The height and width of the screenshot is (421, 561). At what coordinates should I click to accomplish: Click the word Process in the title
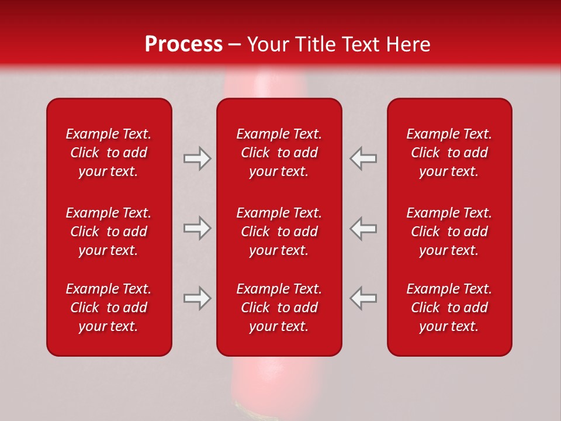point(183,44)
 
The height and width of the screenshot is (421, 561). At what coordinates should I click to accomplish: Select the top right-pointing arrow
point(198,158)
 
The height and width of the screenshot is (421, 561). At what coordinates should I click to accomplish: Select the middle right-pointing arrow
point(198,229)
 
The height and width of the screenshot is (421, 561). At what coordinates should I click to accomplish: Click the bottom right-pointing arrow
point(198,298)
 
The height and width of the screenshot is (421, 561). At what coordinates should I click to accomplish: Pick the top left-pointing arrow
point(363,158)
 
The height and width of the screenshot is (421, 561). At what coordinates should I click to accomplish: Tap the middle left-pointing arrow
point(363,229)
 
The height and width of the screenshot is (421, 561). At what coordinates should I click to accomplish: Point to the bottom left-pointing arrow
point(363,298)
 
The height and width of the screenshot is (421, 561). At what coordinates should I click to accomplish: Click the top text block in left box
point(109,153)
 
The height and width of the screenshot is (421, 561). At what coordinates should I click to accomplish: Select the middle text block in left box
point(109,232)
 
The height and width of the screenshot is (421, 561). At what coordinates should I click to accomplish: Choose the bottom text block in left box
point(109,308)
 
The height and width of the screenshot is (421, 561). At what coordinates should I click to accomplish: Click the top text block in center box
point(279,153)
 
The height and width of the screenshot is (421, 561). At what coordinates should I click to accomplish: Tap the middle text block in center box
point(279,232)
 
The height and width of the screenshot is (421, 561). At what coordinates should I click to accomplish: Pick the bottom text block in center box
point(279,308)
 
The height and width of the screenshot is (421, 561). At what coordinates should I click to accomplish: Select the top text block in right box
point(449,153)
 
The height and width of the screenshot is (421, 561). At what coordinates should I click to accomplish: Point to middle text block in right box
point(449,232)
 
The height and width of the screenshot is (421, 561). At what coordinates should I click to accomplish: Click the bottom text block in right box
point(449,308)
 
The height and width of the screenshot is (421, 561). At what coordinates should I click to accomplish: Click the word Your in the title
point(268,44)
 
